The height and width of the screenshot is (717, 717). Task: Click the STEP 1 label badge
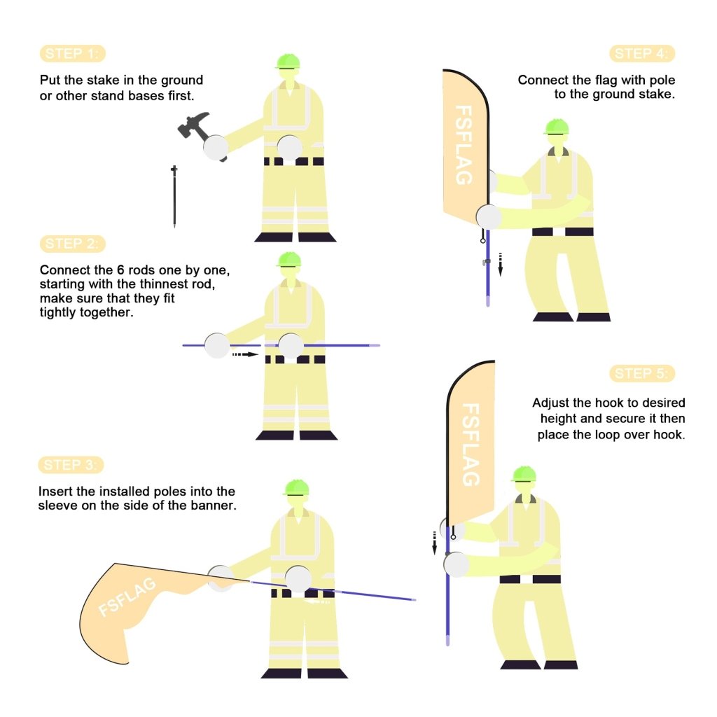click(x=73, y=54)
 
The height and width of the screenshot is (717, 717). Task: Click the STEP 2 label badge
click(x=73, y=244)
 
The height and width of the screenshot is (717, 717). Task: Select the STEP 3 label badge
click(x=73, y=465)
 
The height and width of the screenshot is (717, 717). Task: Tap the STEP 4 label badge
click(x=642, y=54)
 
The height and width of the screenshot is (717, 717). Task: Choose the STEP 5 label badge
click(x=642, y=373)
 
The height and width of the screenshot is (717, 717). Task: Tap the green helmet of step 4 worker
click(x=557, y=127)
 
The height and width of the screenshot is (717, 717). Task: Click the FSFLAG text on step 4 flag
click(x=464, y=145)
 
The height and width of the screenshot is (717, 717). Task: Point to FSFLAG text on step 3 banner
click(x=127, y=597)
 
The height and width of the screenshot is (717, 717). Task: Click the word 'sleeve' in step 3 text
click(x=57, y=505)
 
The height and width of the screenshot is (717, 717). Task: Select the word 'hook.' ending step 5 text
click(x=669, y=434)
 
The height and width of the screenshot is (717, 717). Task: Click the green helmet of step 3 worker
click(x=297, y=487)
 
